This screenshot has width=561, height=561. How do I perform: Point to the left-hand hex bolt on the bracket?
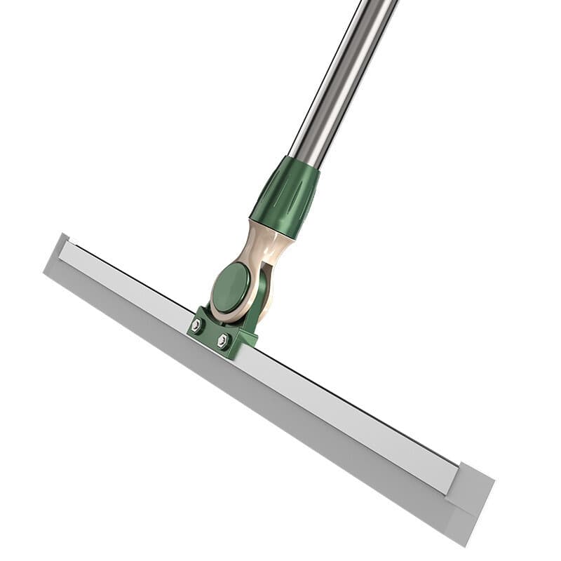click(197, 325)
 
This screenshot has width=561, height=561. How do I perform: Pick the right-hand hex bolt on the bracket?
click(223, 340)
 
